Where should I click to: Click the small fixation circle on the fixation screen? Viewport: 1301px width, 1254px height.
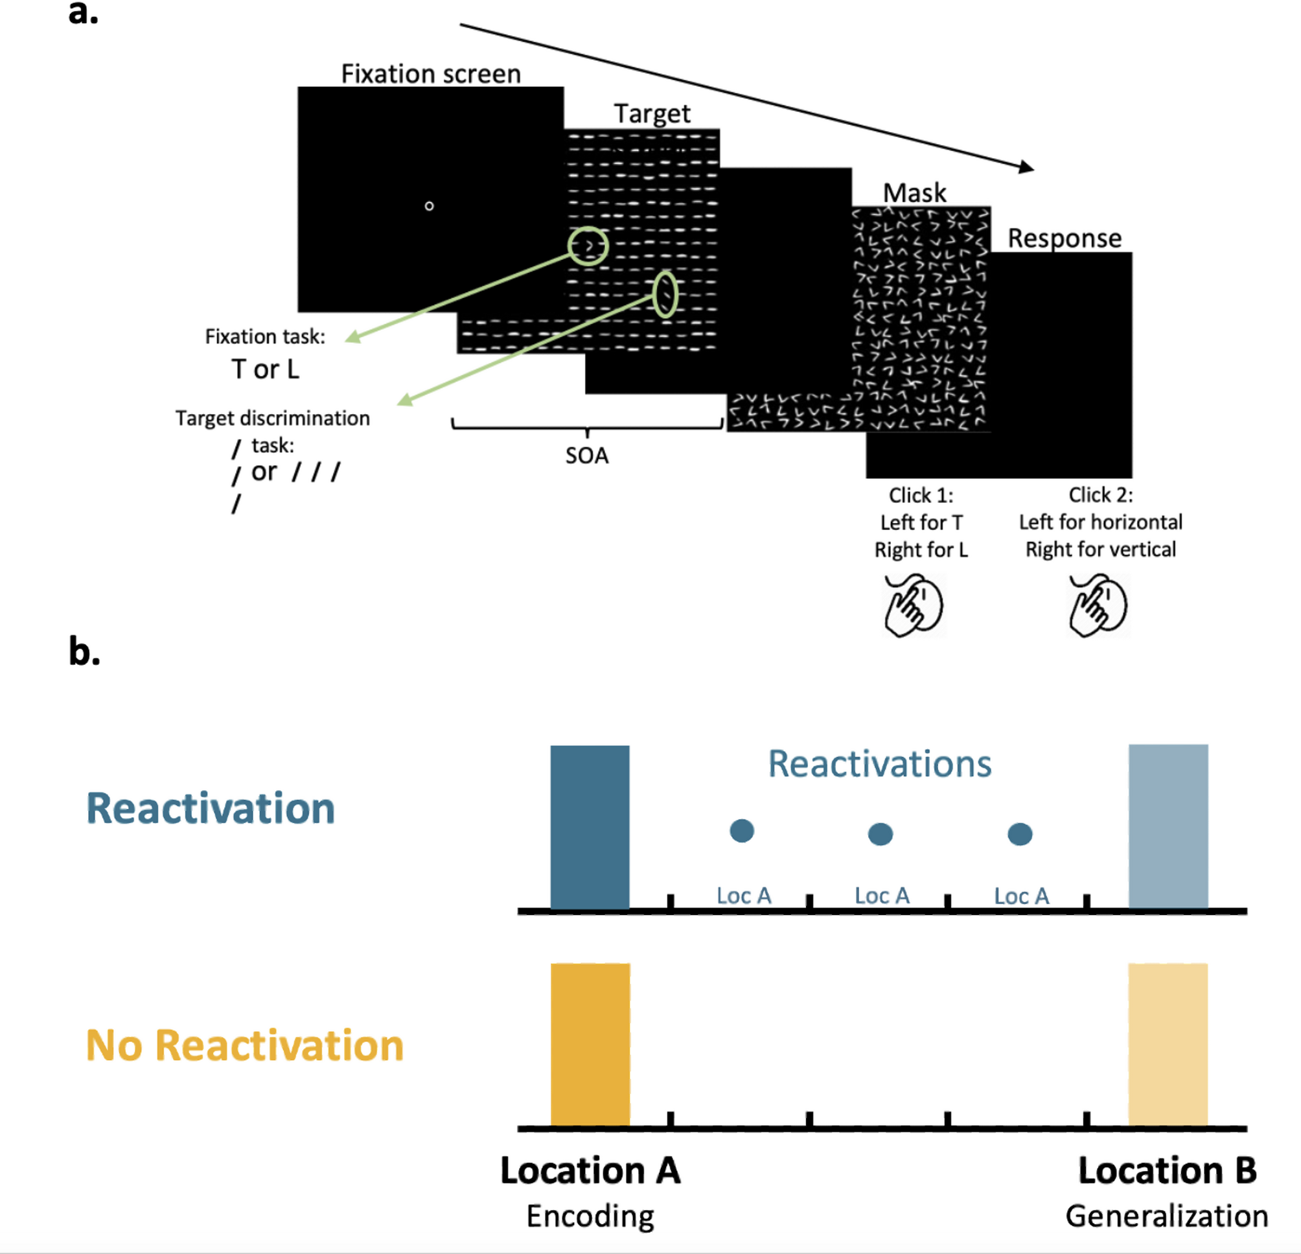(x=429, y=206)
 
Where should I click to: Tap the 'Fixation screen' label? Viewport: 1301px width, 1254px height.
(x=431, y=74)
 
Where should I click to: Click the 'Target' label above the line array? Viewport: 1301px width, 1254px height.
(x=652, y=113)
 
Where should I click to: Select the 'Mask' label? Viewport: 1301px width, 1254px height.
(x=914, y=192)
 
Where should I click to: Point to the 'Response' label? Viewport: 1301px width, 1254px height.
(x=1064, y=238)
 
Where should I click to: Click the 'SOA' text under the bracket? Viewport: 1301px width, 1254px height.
(x=587, y=456)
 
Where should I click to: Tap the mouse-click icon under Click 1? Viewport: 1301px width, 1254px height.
(x=914, y=605)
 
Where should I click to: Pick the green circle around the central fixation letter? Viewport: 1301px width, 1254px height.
(x=588, y=246)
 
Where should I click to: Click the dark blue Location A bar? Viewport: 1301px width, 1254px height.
(x=590, y=826)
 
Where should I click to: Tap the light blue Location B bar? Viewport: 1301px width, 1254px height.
(x=1168, y=826)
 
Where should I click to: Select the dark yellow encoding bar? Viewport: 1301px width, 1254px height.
(x=590, y=1044)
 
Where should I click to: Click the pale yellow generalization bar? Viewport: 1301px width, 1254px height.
(x=1168, y=1044)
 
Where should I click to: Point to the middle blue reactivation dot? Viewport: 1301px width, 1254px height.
(x=880, y=834)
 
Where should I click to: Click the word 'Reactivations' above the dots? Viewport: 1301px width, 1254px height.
(x=879, y=763)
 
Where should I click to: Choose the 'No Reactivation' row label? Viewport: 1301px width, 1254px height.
(x=245, y=1045)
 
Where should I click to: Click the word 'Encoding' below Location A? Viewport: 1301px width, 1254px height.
(x=590, y=1216)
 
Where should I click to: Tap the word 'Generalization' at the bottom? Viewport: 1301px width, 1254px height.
(x=1167, y=1216)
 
